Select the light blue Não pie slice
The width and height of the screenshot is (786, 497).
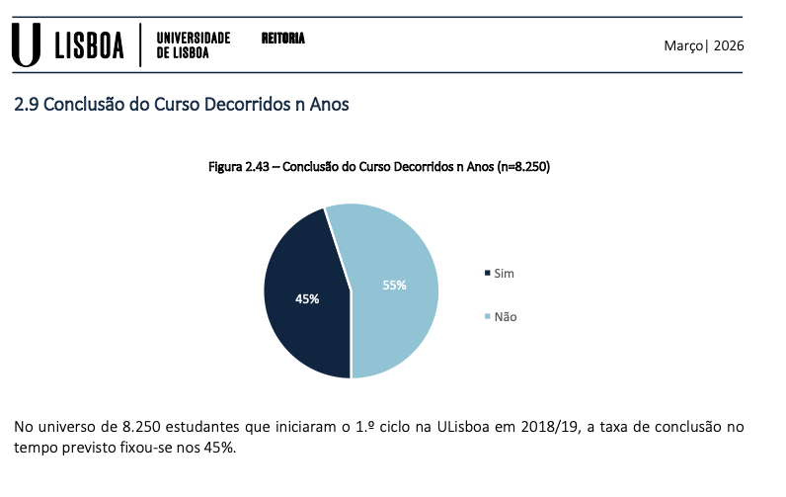coord(395,316)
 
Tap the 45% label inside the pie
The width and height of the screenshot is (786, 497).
coord(307,298)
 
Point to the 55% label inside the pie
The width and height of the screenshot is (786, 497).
coord(395,286)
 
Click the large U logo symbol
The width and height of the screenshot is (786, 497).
coord(28,45)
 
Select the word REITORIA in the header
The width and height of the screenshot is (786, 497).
coord(282,39)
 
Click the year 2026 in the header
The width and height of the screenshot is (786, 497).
coord(729,46)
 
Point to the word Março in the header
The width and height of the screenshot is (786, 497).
coord(681,46)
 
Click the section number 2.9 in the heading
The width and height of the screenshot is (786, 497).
coord(27,104)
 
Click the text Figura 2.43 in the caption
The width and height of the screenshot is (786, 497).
coord(242,167)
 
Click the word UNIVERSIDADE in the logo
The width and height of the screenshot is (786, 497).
coord(194,38)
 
